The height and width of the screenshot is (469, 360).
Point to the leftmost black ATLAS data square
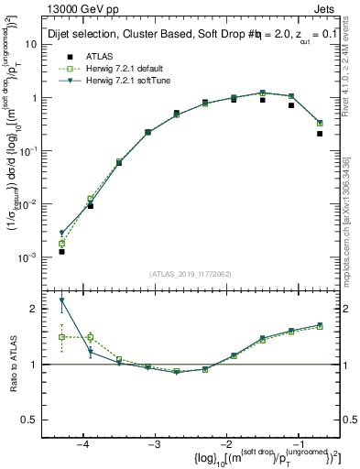point(61,251)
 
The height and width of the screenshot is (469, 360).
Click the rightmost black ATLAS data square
point(320,134)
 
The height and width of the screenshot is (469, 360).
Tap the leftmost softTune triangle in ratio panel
point(61,300)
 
